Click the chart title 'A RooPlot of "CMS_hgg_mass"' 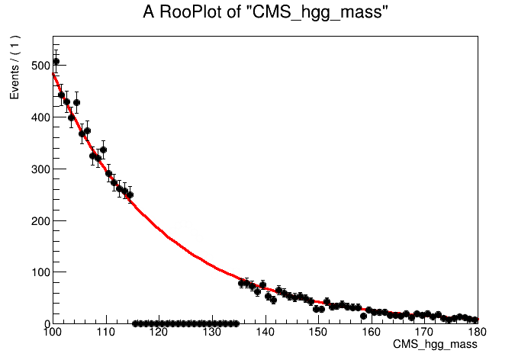[265, 13]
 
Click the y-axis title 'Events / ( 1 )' [14, 67]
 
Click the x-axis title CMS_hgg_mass [435, 345]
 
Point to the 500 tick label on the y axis [35, 66]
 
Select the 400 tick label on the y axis [35, 117]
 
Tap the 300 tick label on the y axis [35, 169]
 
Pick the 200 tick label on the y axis [35, 220]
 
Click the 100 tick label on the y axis [35, 272]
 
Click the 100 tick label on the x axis [52, 333]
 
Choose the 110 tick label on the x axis [105, 333]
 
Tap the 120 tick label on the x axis [159, 333]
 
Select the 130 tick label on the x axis [211, 333]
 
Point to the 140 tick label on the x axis [265, 333]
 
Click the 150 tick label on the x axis [318, 333]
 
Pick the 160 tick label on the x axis [372, 333]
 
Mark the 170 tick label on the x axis [424, 333]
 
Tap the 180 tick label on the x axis [476, 333]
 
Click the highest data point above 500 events [56, 61]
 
